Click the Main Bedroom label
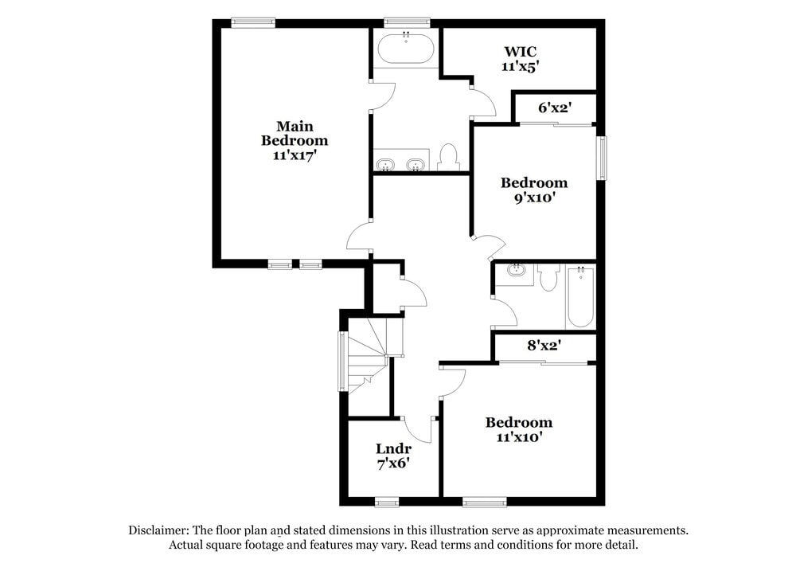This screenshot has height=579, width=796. coord(295,134)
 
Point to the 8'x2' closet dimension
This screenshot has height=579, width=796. coord(544,347)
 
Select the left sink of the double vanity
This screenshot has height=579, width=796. coord(387,165)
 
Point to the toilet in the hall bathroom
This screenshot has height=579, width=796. coord(548,277)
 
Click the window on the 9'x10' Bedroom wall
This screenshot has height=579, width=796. coord(603,158)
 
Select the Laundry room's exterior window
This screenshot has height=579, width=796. coord(387,502)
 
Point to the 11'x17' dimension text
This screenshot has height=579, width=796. coord(295,155)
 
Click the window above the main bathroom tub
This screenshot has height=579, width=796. coord(406,22)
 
